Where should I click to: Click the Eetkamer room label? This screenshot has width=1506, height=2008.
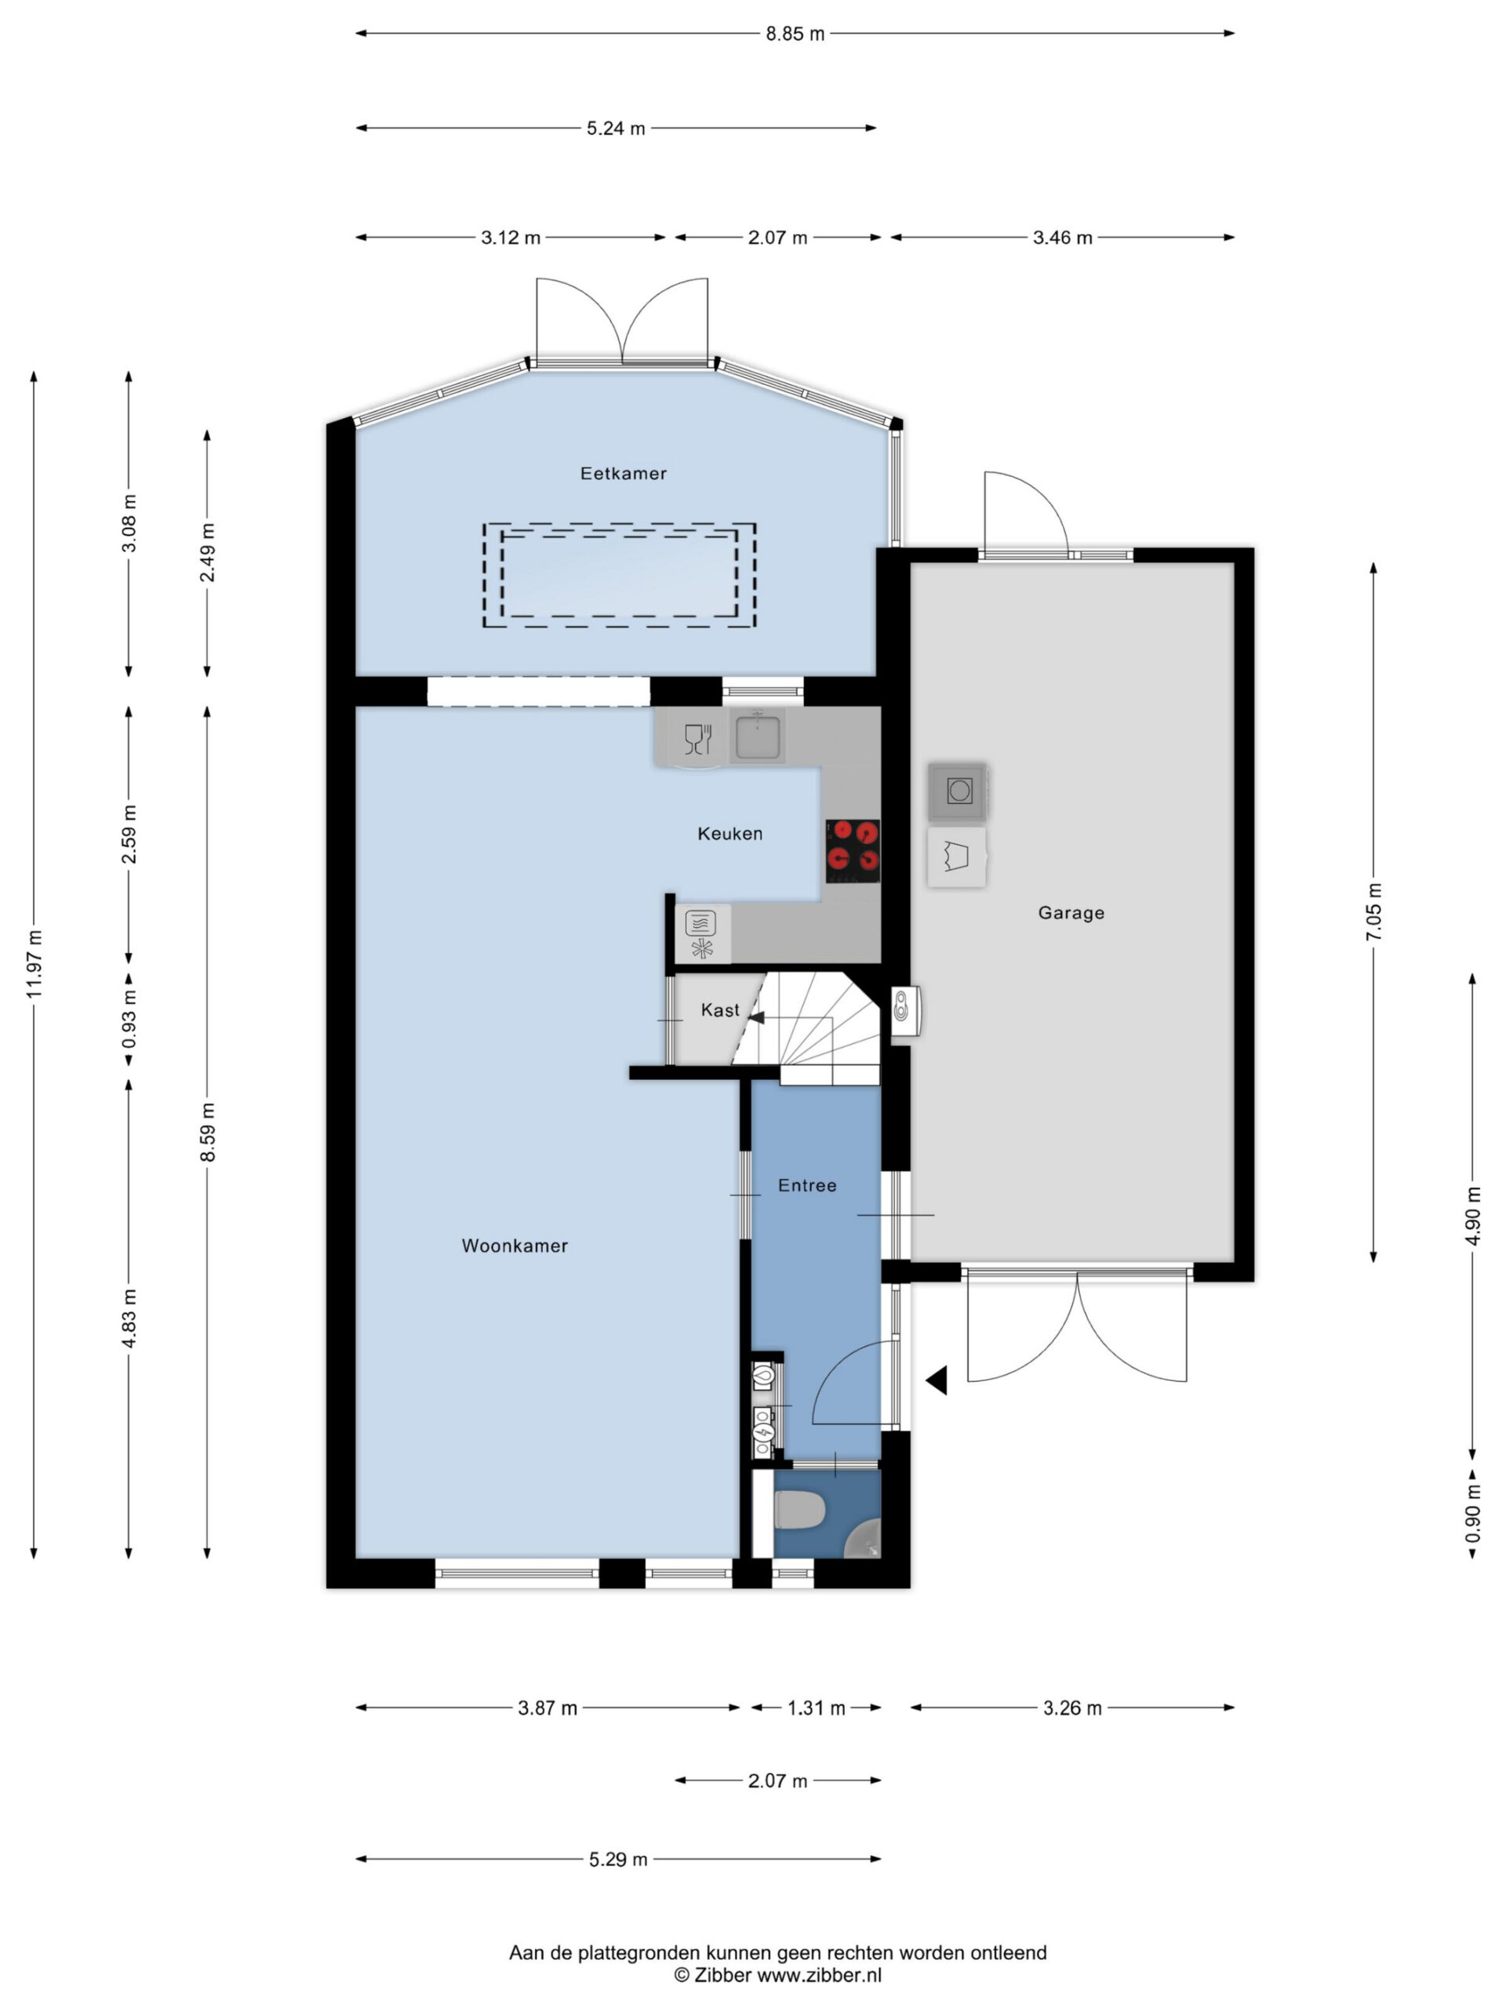click(623, 473)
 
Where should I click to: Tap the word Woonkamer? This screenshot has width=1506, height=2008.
click(515, 1246)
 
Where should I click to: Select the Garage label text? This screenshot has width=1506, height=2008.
click(1071, 913)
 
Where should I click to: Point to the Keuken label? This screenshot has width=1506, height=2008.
click(729, 833)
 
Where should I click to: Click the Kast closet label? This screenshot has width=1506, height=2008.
click(720, 1010)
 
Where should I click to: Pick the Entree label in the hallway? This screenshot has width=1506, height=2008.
click(807, 1185)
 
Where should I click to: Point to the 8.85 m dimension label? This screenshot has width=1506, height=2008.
click(795, 34)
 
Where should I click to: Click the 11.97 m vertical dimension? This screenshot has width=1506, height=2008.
click(35, 964)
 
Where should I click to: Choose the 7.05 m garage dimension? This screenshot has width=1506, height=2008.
click(1374, 912)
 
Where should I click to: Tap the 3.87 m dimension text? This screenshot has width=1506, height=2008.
click(547, 1708)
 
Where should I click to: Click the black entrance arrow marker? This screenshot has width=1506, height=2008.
click(936, 1380)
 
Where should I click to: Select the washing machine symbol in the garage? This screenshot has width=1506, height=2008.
click(959, 791)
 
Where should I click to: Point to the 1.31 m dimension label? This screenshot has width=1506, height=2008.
click(815, 1708)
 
